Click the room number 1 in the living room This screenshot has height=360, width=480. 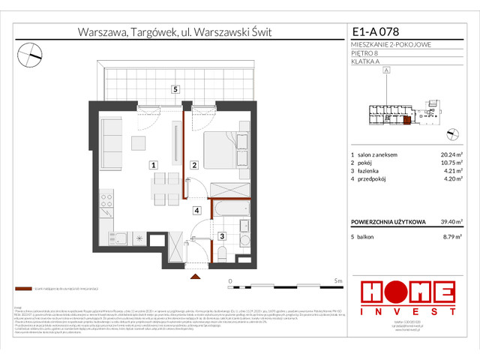pyautogui.click(x=153, y=164)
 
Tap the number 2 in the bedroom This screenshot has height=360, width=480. pyautogui.click(x=193, y=165)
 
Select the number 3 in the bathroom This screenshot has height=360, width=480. pyautogui.click(x=220, y=236)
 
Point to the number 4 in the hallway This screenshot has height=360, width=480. pyautogui.click(x=196, y=211)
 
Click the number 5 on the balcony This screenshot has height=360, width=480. pyautogui.click(x=174, y=89)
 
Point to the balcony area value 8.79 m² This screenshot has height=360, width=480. pyautogui.click(x=453, y=236)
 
